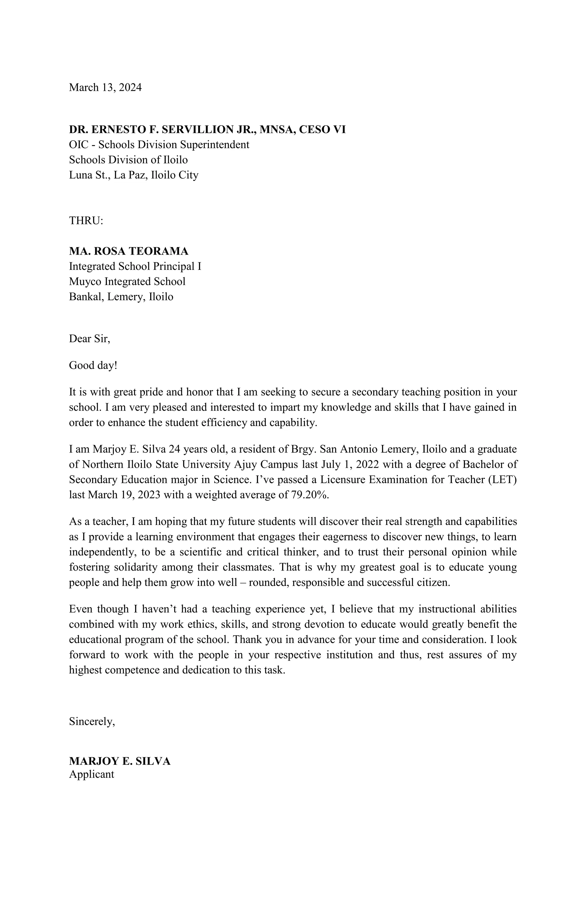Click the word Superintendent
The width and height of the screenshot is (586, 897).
213,145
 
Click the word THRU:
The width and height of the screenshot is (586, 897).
86,221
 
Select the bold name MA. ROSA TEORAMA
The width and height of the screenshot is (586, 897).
128,251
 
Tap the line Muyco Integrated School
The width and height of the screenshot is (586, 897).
127,282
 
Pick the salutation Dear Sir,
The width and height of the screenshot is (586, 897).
89,339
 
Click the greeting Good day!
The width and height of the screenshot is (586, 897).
93,365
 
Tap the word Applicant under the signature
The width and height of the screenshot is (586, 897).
92,774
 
